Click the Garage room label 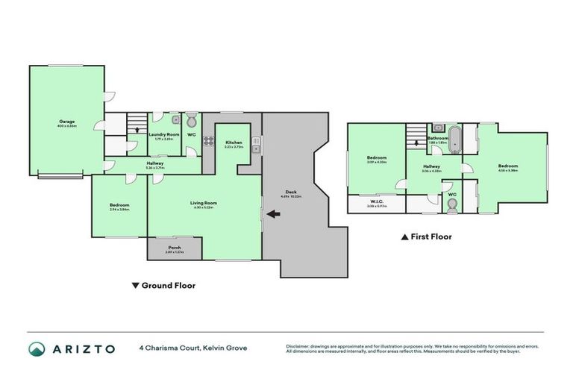coord(66,121)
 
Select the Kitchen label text coord(234,143)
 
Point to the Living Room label coord(205,203)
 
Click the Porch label coord(175,248)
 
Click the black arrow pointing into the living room coord(274,215)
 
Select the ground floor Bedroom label coord(119,206)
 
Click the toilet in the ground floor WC coord(191,120)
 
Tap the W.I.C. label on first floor coord(377,201)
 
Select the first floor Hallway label coord(432,167)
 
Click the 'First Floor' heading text coord(430,237)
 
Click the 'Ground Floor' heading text coord(168,285)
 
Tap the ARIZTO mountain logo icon coord(37,348)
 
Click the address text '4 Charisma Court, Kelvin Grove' coord(192,348)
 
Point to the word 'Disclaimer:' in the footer coord(298,345)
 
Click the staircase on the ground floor coord(136,125)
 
